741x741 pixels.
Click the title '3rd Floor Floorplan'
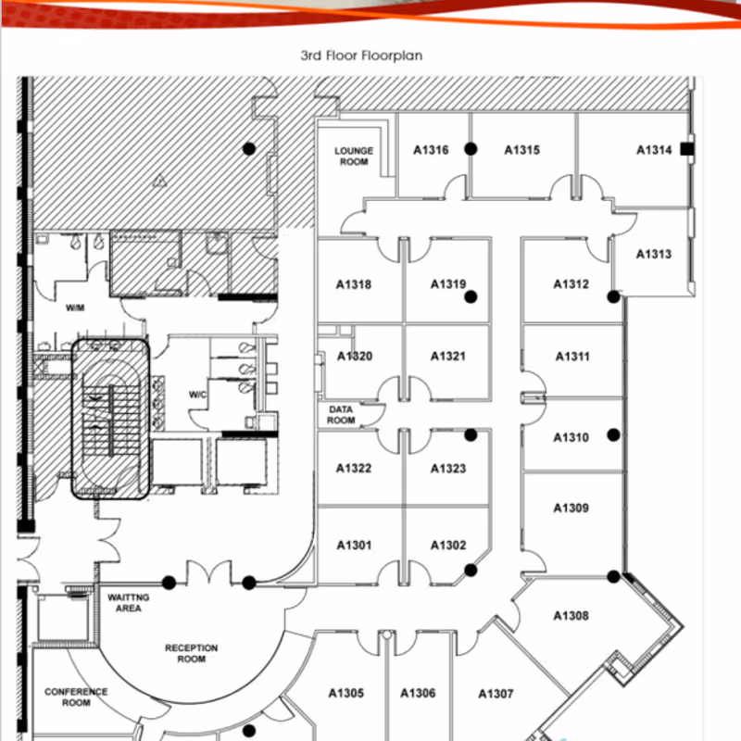click(x=361, y=56)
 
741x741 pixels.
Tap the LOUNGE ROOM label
click(x=354, y=156)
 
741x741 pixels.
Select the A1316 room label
click(x=431, y=150)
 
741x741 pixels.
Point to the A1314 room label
click(x=654, y=150)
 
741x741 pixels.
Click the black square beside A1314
click(x=687, y=149)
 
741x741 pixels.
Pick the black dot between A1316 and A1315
click(x=471, y=149)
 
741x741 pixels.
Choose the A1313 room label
click(x=654, y=254)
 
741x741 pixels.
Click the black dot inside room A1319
click(x=471, y=296)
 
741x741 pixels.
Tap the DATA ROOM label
click(x=341, y=415)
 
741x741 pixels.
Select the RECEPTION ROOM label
click(x=192, y=653)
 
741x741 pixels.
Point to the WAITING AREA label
click(x=129, y=603)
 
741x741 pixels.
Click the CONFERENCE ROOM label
click(x=76, y=697)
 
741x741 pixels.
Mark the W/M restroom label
click(x=75, y=308)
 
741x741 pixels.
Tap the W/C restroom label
click(x=197, y=395)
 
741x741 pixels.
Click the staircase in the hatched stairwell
click(x=110, y=420)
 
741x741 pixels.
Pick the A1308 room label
click(x=571, y=616)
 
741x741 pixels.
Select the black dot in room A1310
click(x=613, y=434)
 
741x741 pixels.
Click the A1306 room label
click(x=419, y=693)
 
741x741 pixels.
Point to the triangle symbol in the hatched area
click(x=159, y=181)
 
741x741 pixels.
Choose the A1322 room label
click(x=354, y=469)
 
